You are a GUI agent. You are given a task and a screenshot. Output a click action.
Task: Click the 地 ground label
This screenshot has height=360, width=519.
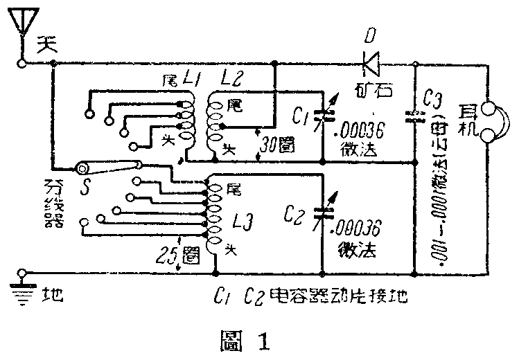tap(53, 297)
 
